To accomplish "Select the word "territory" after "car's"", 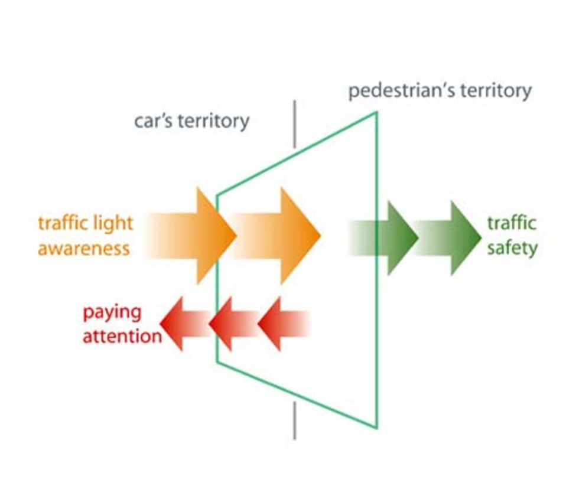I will (213, 122).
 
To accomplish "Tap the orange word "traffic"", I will (61, 223).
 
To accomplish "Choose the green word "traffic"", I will (512, 223).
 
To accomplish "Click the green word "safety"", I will (512, 247).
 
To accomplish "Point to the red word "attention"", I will (121, 336).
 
